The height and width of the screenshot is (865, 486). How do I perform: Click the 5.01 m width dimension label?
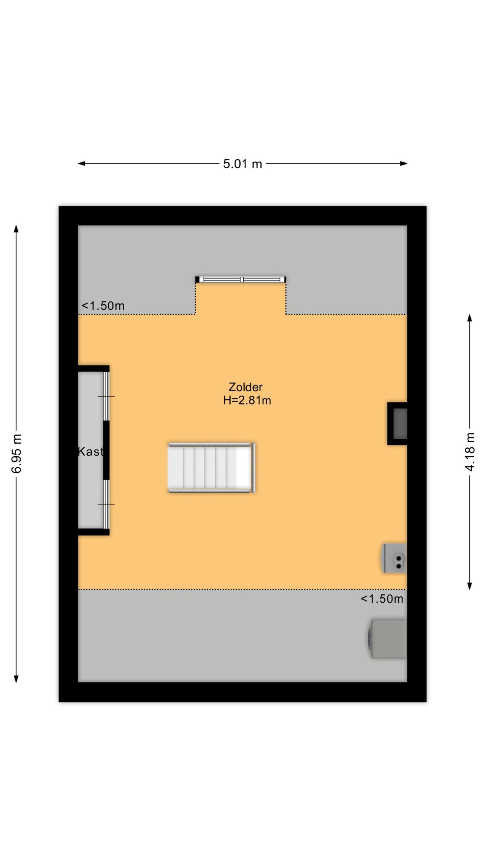tap(242, 164)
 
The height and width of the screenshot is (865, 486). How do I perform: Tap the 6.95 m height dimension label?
tap(17, 453)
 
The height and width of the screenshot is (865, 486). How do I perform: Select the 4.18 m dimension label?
tap(469, 451)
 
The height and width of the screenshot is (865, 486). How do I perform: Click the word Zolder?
tap(245, 387)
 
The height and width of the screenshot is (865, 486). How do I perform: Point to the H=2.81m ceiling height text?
tap(247, 400)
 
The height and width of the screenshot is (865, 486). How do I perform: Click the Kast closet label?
tap(90, 451)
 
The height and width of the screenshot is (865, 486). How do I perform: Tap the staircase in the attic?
tap(211, 468)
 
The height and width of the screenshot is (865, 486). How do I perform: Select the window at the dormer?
tap(241, 279)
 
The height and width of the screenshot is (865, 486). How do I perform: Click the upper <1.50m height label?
tap(103, 306)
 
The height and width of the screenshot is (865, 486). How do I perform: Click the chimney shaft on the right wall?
tap(397, 423)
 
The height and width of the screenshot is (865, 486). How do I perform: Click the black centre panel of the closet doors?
tap(106, 450)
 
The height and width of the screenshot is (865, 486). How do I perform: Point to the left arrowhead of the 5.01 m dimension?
tap(81, 164)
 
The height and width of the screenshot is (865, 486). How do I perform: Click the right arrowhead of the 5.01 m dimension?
tap(404, 164)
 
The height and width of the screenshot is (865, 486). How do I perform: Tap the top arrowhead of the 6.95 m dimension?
tap(16, 229)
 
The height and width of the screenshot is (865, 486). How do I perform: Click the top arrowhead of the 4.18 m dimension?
tap(469, 318)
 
